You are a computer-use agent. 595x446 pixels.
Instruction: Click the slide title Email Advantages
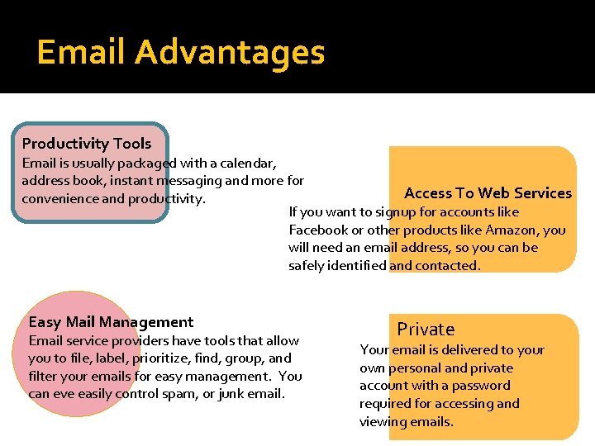point(181,53)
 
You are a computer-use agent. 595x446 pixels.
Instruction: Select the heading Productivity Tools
point(87,144)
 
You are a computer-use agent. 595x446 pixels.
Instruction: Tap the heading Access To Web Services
point(488,193)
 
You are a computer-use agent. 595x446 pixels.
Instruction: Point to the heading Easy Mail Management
point(111,322)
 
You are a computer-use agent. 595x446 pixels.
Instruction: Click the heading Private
point(426,330)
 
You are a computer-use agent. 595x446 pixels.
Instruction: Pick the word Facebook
point(319,230)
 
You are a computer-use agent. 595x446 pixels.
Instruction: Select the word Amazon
point(535,230)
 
